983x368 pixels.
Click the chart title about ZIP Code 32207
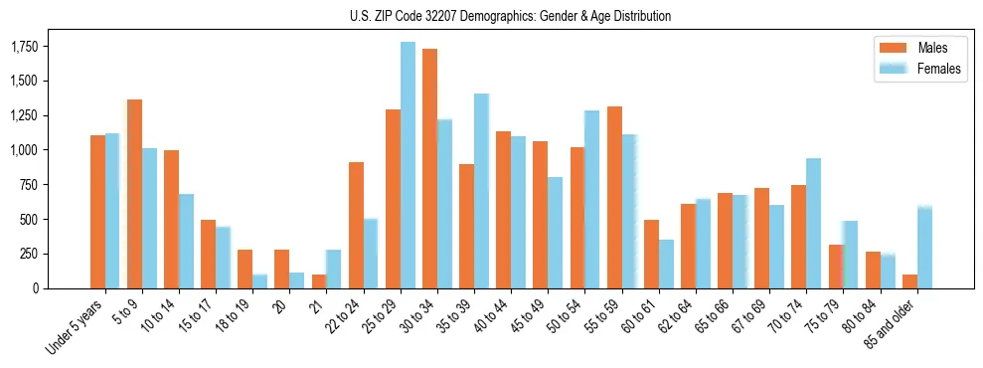click(x=510, y=16)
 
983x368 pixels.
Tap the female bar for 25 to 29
click(x=408, y=165)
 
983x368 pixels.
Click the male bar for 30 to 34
click(x=429, y=169)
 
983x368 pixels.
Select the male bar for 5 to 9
click(x=134, y=194)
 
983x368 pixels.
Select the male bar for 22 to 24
click(x=356, y=225)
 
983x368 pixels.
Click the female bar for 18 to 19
click(x=259, y=280)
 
